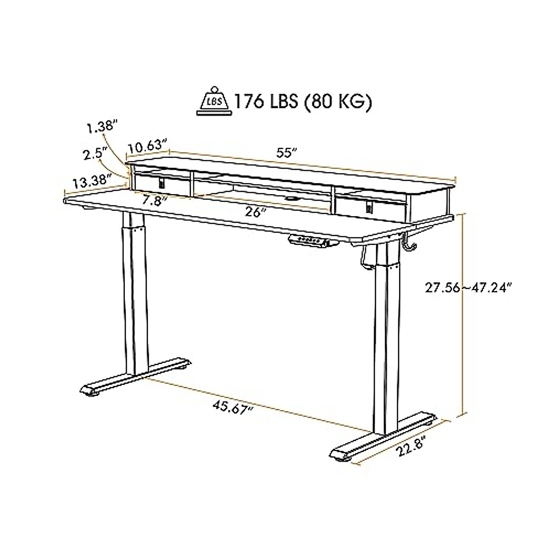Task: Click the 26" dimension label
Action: coord(256,212)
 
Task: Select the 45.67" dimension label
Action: coord(232,406)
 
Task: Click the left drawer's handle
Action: coord(162,183)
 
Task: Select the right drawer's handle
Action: coord(369,207)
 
